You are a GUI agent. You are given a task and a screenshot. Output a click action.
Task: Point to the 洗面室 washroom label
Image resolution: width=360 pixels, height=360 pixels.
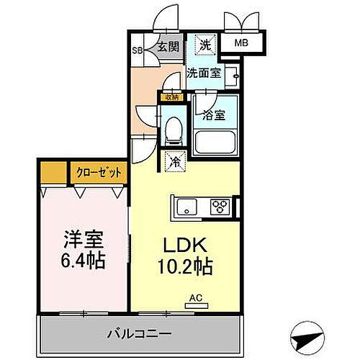point(204,73)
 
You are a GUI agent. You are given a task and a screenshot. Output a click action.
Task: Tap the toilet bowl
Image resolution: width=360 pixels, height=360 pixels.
point(173,130)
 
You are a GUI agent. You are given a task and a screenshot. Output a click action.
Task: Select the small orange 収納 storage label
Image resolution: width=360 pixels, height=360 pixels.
point(171,96)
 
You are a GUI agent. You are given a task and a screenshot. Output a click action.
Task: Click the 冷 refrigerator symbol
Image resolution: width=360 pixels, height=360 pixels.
point(175,162)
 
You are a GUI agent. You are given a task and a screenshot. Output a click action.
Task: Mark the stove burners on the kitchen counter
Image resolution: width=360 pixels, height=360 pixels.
point(220,207)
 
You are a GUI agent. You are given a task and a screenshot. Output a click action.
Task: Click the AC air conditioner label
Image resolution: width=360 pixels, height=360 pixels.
point(195,297)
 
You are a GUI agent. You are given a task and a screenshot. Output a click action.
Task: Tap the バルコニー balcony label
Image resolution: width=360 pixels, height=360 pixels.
point(140,335)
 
